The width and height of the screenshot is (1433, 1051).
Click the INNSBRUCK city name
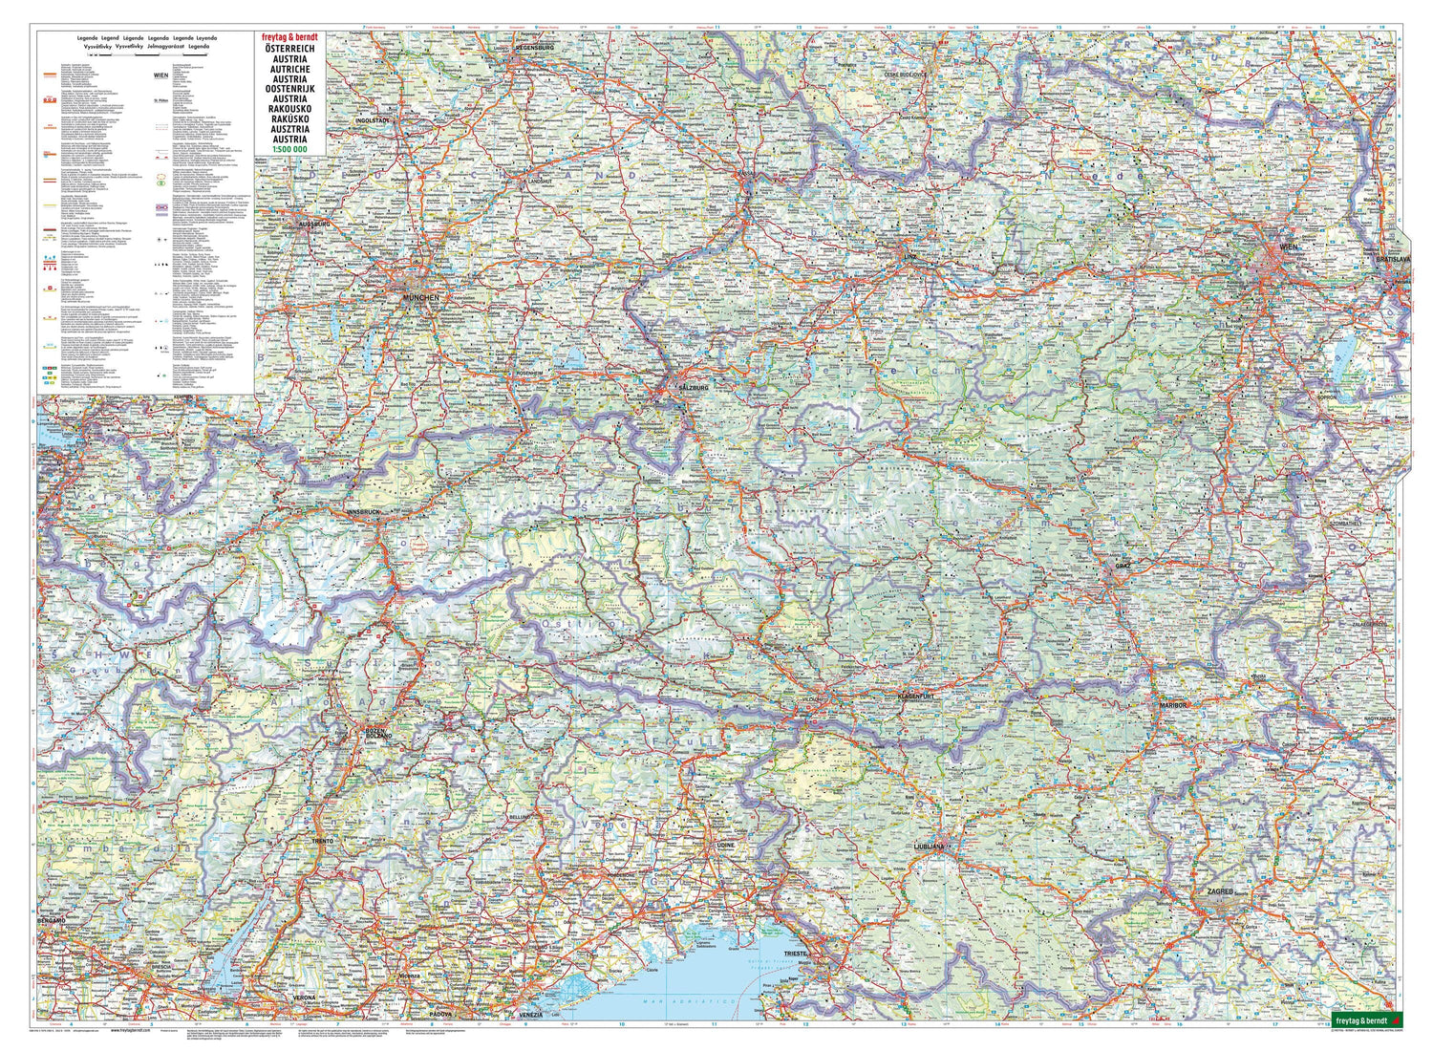pyautogui.click(x=364, y=513)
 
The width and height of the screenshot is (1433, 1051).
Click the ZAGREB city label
pyautogui.click(x=1220, y=891)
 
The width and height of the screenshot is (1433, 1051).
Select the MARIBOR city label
pyautogui.click(x=1172, y=704)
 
